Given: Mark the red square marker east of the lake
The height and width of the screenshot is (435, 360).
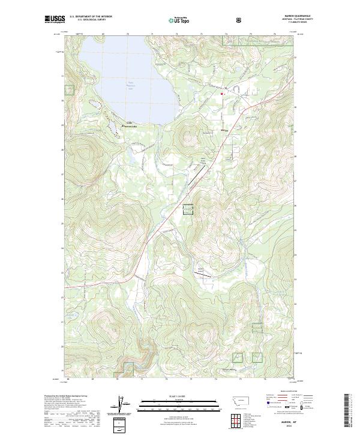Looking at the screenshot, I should pyautogui.click(x=221, y=94).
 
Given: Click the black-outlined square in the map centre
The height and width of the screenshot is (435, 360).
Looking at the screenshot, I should pyautogui.click(x=188, y=209).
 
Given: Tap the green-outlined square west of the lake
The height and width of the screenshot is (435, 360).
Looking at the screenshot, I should pyautogui.click(x=69, y=91).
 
